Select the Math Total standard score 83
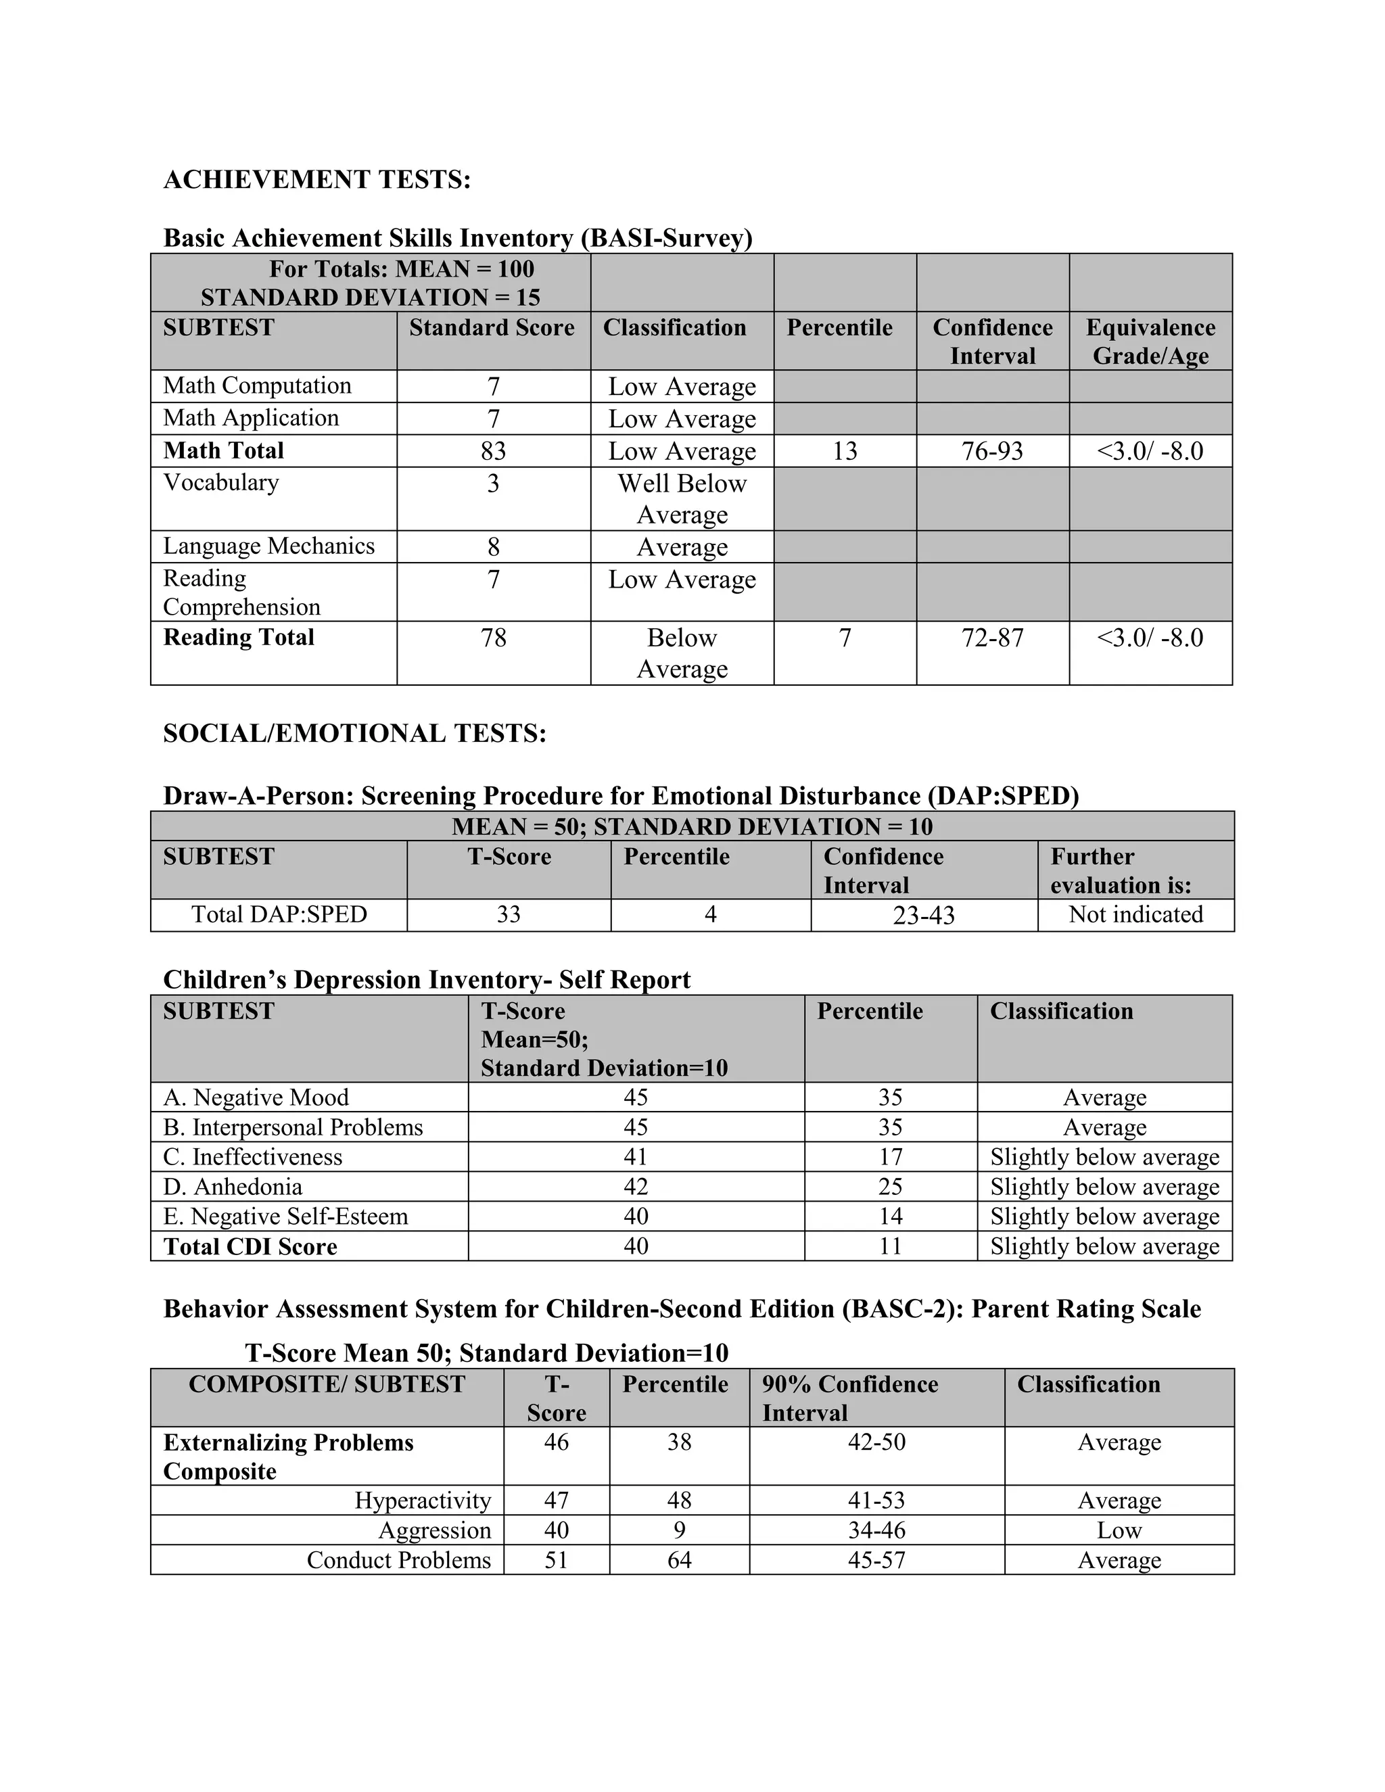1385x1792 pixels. (x=493, y=450)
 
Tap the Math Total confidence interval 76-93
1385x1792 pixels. (x=992, y=450)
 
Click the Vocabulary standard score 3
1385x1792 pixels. (x=493, y=484)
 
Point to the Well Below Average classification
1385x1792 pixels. (x=682, y=498)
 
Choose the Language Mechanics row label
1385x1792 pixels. (x=268, y=546)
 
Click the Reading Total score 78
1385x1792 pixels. (x=493, y=638)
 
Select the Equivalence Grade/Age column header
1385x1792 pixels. (x=1150, y=341)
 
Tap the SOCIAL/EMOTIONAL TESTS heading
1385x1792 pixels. (x=354, y=733)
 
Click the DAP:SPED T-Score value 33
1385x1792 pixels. (x=509, y=914)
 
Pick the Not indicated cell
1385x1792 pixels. (x=1135, y=914)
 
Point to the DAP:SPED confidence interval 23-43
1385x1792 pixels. (x=924, y=915)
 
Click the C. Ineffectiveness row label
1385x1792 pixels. (x=253, y=1157)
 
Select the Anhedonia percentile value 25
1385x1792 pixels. (x=890, y=1187)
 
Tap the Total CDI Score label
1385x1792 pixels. (x=250, y=1246)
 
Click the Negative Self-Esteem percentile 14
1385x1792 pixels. (x=890, y=1216)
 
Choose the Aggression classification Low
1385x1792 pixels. (x=1119, y=1530)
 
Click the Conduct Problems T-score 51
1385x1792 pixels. (x=557, y=1560)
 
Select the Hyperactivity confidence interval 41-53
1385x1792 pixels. (x=876, y=1501)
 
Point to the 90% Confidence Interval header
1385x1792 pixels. (x=849, y=1398)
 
